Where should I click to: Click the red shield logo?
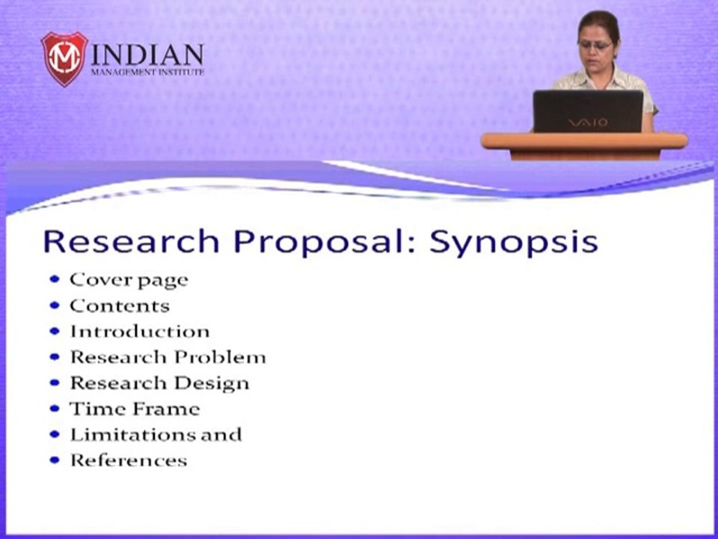click(64, 58)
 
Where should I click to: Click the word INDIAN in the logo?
click(147, 55)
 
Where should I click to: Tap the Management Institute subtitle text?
click(147, 73)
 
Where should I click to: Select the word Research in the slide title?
click(131, 242)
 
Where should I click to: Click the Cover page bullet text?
click(129, 280)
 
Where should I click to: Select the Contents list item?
click(120, 306)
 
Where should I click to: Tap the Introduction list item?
click(140, 332)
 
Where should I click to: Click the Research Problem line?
click(168, 357)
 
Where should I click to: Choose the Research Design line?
click(159, 383)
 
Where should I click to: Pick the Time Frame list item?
click(135, 409)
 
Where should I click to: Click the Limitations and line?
click(156, 434)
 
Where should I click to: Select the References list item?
click(128, 460)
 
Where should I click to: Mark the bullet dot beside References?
click(55, 460)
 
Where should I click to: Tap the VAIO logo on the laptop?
click(587, 122)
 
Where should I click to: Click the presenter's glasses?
click(595, 46)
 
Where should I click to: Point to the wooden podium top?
click(583, 141)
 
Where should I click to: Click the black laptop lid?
click(587, 111)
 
